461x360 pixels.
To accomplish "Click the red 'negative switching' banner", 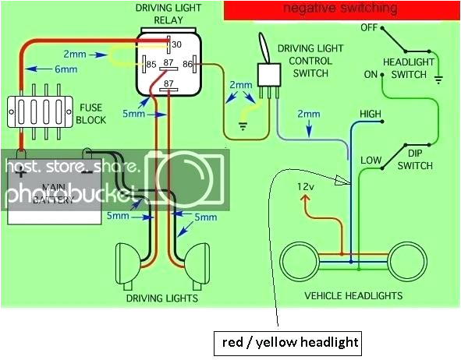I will tap(340, 10).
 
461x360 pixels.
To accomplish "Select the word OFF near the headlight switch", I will tap(370, 27).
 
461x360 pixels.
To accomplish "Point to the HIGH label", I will tap(370, 115).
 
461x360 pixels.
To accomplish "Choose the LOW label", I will tap(371, 161).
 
